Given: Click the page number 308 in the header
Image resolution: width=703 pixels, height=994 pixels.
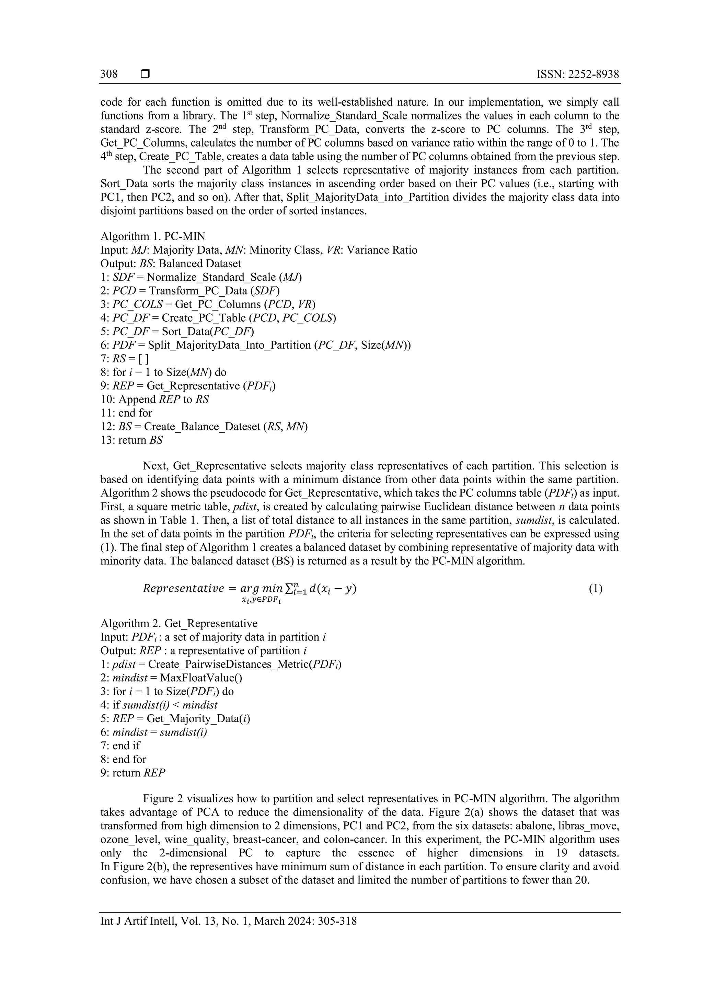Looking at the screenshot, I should point(109,74).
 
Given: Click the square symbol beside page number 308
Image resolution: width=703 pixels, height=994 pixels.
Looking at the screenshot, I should point(145,74).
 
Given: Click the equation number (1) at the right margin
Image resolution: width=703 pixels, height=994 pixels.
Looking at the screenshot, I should point(595,588).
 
